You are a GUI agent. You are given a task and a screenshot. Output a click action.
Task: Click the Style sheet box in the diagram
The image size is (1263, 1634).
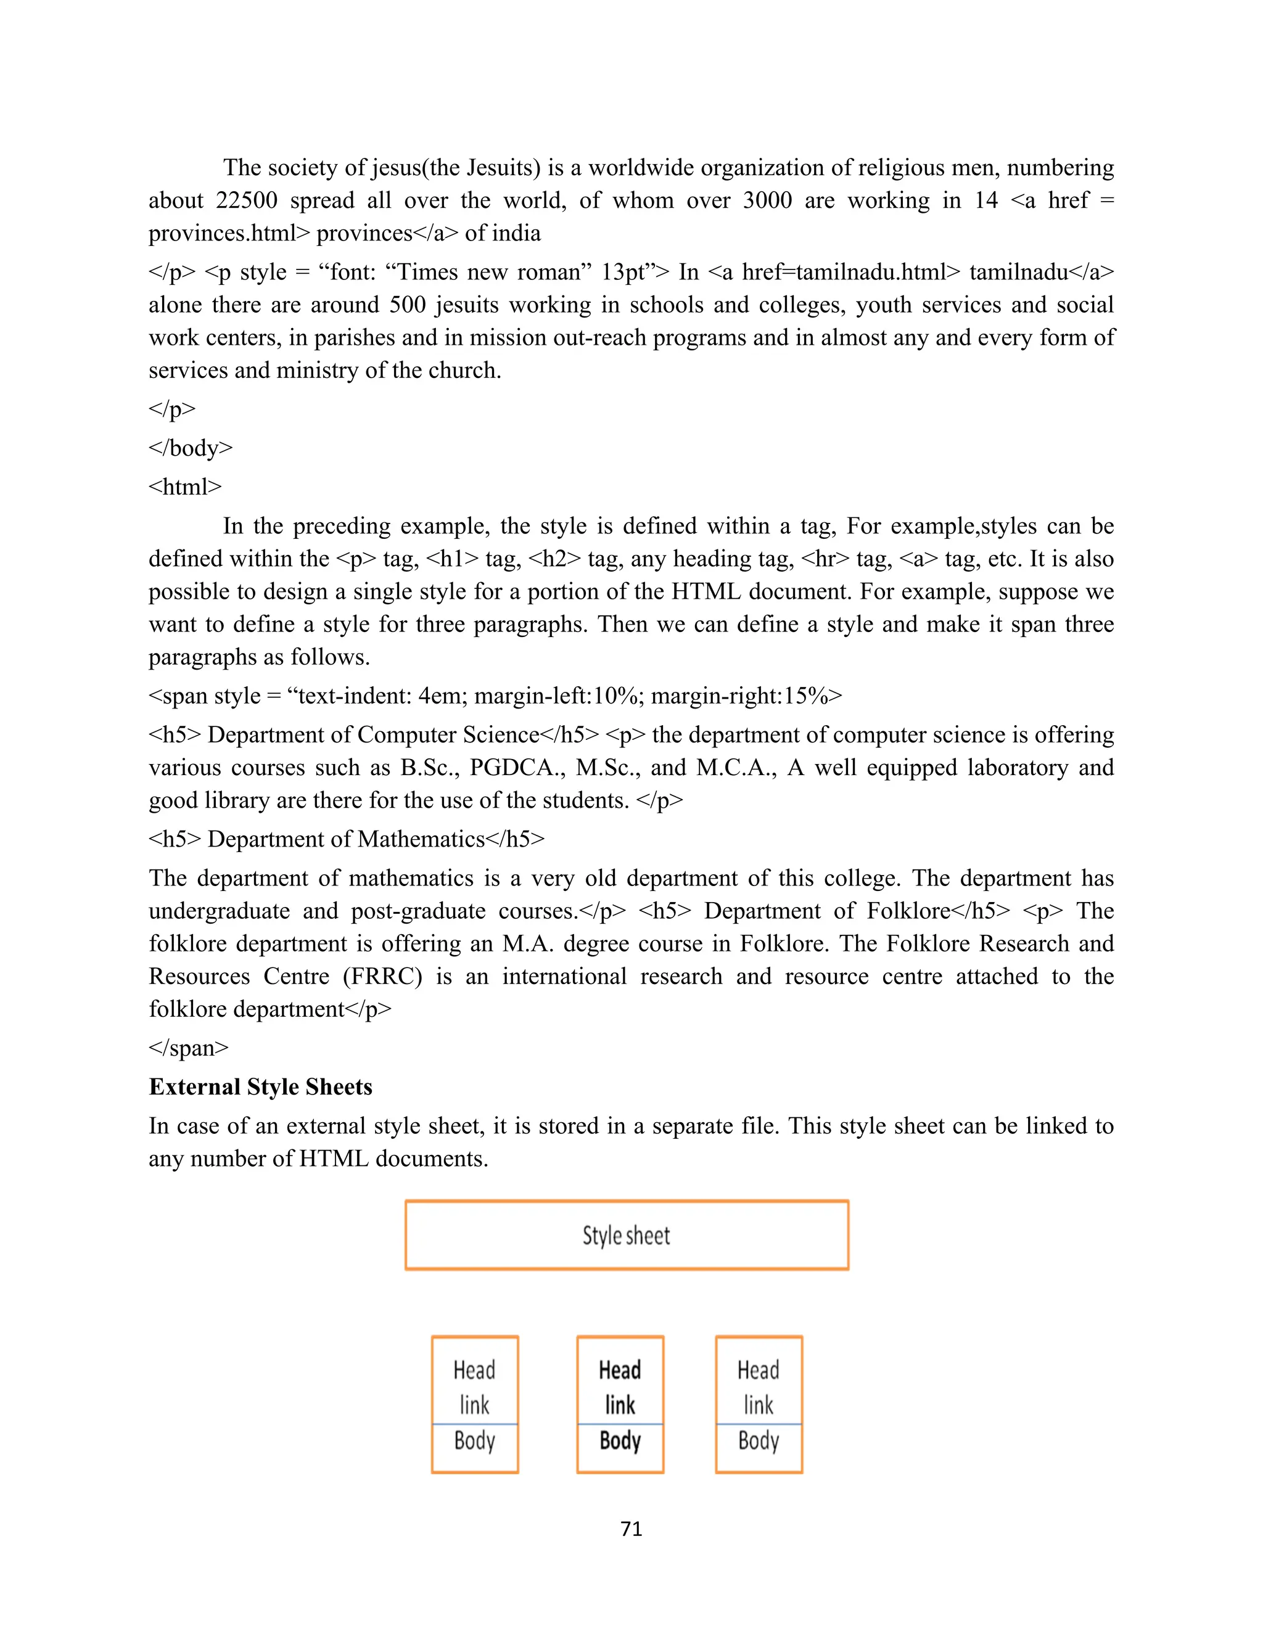click(x=627, y=1235)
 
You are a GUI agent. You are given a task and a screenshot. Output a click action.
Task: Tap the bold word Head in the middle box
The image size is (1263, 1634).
click(x=620, y=1370)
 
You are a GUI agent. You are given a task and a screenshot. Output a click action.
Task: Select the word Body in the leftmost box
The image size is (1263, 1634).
click(x=474, y=1440)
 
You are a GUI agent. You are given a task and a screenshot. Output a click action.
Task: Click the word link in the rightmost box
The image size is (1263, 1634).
click(x=758, y=1405)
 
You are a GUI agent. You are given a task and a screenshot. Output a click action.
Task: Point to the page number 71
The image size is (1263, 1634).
click(x=631, y=1529)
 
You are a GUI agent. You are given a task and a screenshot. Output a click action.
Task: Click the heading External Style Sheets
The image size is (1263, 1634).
click(x=260, y=1087)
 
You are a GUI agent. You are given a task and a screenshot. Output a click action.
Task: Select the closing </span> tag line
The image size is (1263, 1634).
click(x=189, y=1048)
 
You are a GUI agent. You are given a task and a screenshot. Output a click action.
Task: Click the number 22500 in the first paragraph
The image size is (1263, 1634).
click(x=246, y=200)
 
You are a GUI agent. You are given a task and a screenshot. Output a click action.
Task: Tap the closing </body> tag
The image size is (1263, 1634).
click(x=191, y=448)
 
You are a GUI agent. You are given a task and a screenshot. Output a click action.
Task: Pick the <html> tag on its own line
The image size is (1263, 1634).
click(x=185, y=487)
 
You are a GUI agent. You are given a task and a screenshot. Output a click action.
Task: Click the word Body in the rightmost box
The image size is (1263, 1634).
click(x=758, y=1440)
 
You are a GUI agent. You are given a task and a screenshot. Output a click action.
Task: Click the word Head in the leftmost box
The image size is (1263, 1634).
click(x=474, y=1370)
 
